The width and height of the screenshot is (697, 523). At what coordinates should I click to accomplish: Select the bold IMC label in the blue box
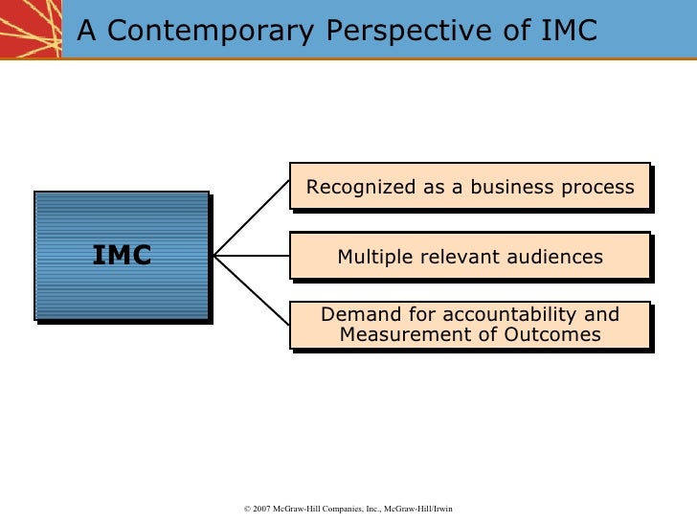122,255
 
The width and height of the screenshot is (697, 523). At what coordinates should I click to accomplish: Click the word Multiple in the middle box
371,257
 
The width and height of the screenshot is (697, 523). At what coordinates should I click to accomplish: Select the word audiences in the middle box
555,257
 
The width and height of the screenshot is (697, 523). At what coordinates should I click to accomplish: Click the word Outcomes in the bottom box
556,334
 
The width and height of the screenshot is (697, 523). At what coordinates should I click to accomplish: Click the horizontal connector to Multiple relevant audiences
251,255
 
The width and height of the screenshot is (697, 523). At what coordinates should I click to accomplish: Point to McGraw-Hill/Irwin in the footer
417,509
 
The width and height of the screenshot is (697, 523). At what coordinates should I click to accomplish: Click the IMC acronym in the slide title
564,32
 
